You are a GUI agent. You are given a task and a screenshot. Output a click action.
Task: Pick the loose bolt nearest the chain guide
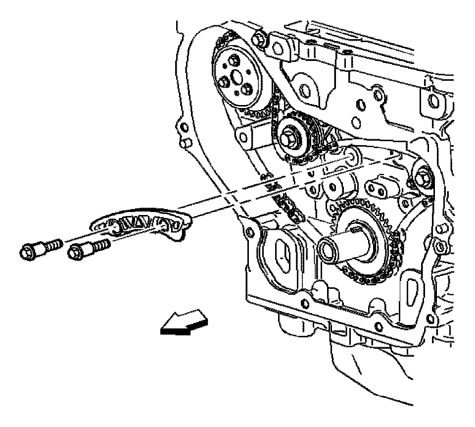pos(90,248)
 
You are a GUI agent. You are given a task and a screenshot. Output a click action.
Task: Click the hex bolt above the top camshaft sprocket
pos(259,38)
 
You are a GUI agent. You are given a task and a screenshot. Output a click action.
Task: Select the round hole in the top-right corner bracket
pos(435,102)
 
